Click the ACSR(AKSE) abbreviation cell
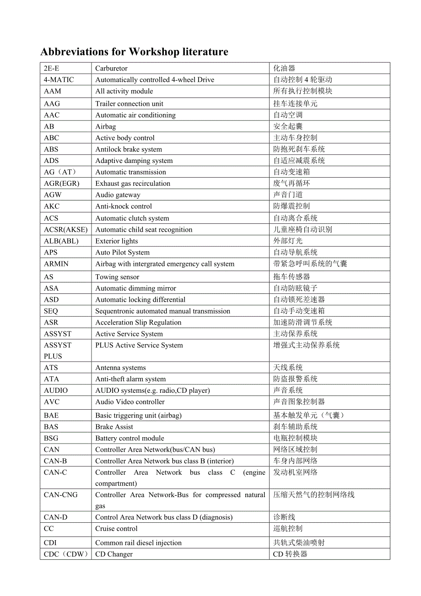[x=65, y=230]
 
